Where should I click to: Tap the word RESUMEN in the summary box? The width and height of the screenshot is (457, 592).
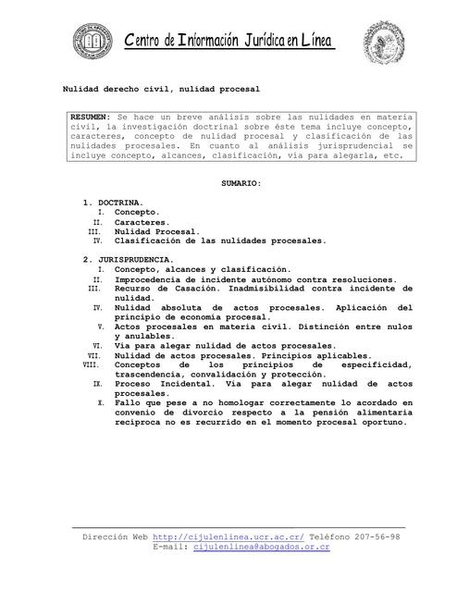click(x=90, y=117)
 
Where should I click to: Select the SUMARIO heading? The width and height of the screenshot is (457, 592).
click(x=241, y=184)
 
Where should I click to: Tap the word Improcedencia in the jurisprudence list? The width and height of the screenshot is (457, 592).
click(x=154, y=279)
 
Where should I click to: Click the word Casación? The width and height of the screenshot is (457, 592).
click(x=191, y=289)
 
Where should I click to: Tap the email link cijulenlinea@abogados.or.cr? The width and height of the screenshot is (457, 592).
click(x=262, y=548)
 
